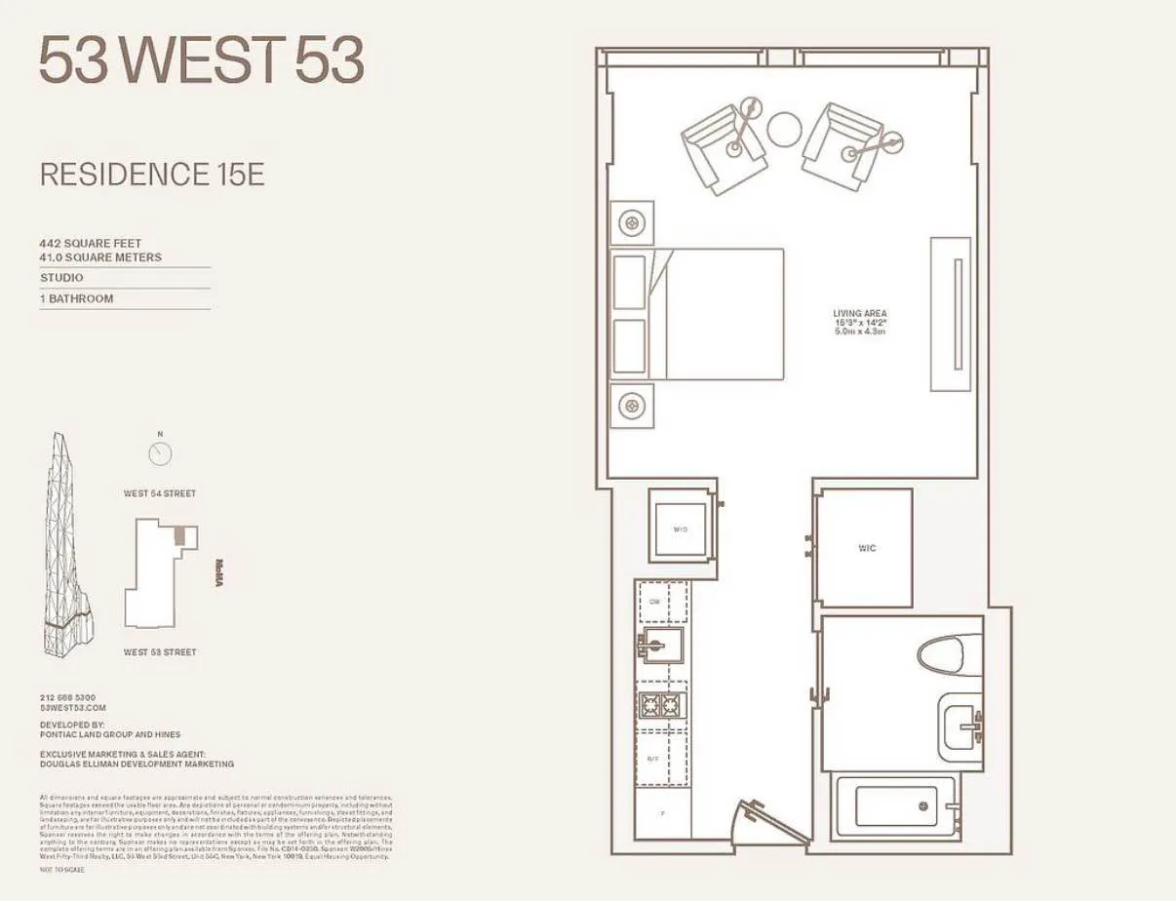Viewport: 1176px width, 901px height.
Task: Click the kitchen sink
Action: pos(661,644)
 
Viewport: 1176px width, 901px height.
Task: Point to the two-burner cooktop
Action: pos(661,706)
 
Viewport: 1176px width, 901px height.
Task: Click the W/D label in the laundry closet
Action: pos(680,529)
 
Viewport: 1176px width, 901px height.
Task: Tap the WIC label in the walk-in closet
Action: pos(866,548)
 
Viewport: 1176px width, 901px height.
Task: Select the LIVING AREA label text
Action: pos(859,314)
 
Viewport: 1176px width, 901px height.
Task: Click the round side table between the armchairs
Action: pos(783,129)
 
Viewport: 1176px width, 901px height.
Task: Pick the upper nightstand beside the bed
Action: pos(632,224)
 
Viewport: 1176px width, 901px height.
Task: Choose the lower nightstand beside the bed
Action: pos(632,404)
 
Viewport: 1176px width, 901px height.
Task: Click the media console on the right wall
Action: pos(951,314)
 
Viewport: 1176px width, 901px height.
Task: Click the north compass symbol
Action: pos(160,453)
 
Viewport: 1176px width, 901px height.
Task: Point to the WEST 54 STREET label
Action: pos(159,493)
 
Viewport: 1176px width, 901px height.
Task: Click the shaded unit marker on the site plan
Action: pos(180,535)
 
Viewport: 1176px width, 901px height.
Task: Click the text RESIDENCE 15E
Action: pos(151,176)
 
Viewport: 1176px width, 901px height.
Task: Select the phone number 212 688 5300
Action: pos(67,697)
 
